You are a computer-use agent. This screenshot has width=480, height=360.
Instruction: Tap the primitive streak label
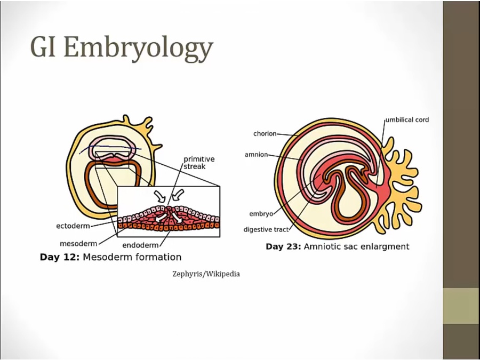(x=199, y=163)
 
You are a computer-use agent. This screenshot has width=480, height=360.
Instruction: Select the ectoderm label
(x=73, y=226)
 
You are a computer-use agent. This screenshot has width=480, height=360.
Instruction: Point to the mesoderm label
(x=78, y=244)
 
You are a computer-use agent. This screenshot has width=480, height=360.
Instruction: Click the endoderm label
(x=140, y=245)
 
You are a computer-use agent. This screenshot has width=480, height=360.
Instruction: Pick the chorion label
(x=265, y=133)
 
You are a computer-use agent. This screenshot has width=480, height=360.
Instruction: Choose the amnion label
(x=256, y=155)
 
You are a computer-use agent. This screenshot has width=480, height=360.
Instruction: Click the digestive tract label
(x=266, y=229)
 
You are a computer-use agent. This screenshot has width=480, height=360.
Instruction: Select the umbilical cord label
(x=407, y=119)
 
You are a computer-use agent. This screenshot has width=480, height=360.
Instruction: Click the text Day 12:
(x=60, y=257)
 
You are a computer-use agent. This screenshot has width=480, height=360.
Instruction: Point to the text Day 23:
(x=283, y=246)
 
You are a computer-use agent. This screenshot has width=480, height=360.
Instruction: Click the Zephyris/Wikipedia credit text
(x=206, y=274)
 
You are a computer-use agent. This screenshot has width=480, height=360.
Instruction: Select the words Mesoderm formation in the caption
(x=132, y=257)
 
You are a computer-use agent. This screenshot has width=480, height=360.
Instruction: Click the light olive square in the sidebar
(x=461, y=306)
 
